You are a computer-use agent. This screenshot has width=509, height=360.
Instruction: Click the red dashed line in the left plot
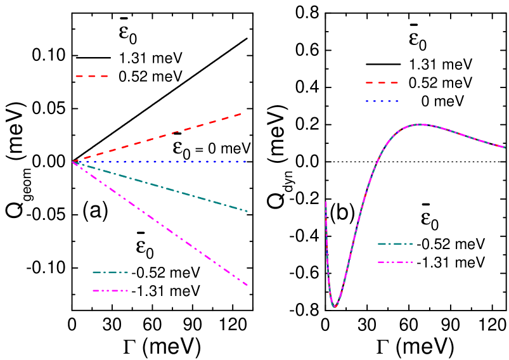pyautogui.click(x=158, y=137)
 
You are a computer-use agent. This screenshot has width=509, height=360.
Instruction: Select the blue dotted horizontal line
pyautogui.click(x=158, y=162)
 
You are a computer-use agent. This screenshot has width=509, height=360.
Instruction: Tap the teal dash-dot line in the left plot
pyautogui.click(x=158, y=186)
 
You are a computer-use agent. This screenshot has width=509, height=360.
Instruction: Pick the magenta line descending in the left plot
pyautogui.click(x=158, y=222)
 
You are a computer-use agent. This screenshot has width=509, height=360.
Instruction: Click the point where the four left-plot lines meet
pyautogui.click(x=74, y=162)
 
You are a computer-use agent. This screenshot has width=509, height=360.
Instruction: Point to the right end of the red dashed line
pyautogui.click(x=242, y=113)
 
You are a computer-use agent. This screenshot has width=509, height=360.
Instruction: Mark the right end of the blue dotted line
pyautogui.click(x=245, y=162)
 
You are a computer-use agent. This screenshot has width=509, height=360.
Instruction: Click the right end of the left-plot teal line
pyautogui.click(x=247, y=211)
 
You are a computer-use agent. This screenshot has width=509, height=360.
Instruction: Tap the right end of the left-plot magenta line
pyautogui.click(x=247, y=285)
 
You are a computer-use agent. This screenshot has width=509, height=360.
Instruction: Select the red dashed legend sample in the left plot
pyautogui.click(x=92, y=76)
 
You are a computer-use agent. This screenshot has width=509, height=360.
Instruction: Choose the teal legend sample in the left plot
pyautogui.click(x=110, y=272)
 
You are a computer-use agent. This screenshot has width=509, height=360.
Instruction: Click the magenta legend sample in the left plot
pyautogui.click(x=110, y=290)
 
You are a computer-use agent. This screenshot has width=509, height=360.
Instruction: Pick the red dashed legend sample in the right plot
pyautogui.click(x=382, y=82)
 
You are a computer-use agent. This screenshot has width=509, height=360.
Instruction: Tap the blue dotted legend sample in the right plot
pyautogui.click(x=382, y=101)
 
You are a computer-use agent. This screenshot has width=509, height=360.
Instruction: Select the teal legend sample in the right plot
pyautogui.click(x=395, y=243)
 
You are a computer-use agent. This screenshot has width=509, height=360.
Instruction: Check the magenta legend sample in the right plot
pyautogui.click(x=395, y=262)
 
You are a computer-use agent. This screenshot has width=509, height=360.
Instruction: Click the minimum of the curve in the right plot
pyautogui.click(x=335, y=307)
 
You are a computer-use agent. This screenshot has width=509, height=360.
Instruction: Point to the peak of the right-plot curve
pyautogui.click(x=420, y=124)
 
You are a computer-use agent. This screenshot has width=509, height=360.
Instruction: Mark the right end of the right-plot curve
pyautogui.click(x=505, y=147)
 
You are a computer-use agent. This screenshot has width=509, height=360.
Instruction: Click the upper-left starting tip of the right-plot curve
pyautogui.click(x=326, y=202)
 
